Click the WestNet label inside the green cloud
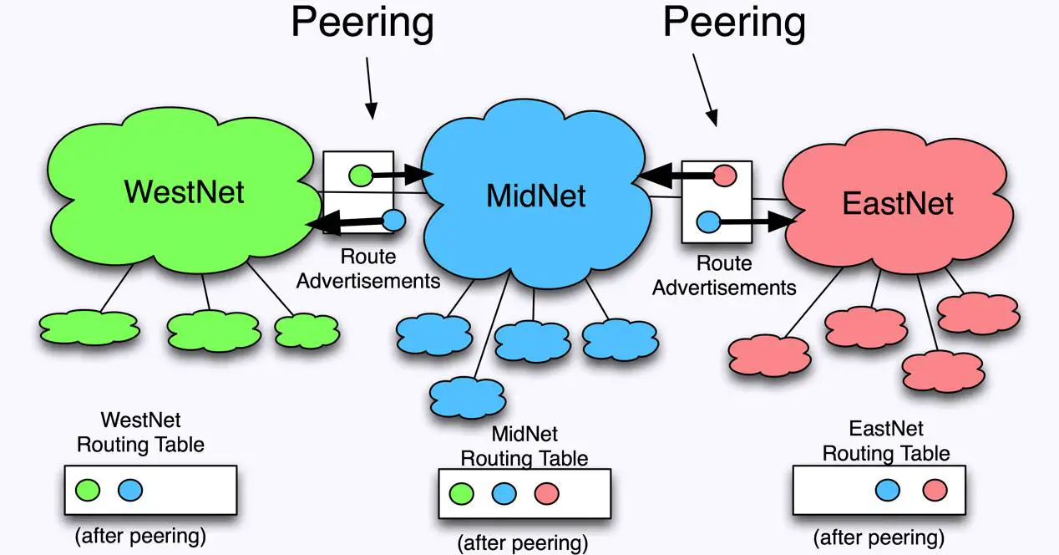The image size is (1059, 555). (184, 191)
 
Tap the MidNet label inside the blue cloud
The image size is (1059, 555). (535, 196)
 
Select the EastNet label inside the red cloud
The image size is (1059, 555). (898, 203)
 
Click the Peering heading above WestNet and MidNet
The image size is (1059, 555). (362, 23)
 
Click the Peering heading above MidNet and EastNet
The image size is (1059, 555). (734, 23)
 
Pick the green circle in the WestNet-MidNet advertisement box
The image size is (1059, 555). (360, 176)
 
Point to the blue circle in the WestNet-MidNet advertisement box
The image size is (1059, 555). (393, 221)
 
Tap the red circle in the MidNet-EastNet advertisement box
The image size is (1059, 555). (725, 176)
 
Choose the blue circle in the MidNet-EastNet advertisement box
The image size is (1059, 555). (708, 222)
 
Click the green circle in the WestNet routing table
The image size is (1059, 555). (88, 490)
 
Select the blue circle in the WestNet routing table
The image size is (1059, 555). (130, 490)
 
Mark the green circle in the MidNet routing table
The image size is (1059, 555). (461, 493)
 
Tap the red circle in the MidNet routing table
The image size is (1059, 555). (546, 493)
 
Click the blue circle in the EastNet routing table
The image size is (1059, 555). (888, 490)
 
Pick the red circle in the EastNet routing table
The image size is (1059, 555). (935, 490)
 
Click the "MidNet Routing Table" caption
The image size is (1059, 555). (524, 446)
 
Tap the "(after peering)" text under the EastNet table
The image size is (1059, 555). (879, 537)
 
